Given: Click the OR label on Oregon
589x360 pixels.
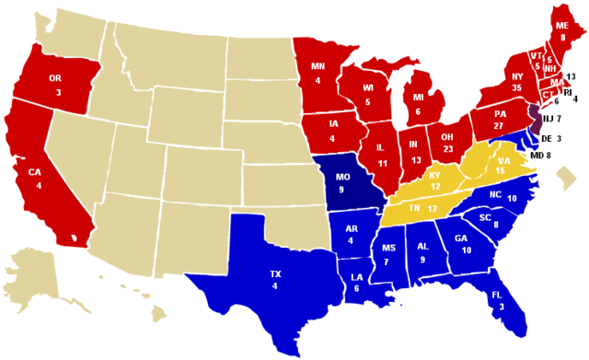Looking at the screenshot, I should click(55, 79).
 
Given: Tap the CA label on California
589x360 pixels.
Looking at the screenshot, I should click(33, 173).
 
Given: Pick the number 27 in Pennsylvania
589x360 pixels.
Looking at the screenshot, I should click(500, 126).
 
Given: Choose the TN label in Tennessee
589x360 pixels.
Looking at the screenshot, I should click(415, 208).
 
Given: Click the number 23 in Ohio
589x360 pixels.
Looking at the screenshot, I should click(449, 148).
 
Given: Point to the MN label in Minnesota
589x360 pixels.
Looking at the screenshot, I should click(318, 66).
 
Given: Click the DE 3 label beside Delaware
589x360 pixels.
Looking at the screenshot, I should click(551, 138).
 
